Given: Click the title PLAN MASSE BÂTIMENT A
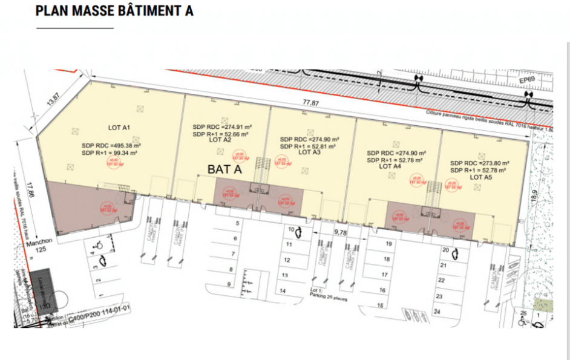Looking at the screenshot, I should tap(114, 11).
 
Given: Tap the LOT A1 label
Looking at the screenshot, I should tap(120, 128).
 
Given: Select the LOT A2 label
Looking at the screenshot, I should tap(220, 140).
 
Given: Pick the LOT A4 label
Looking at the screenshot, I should tap(389, 166).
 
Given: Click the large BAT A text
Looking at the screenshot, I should tap(224, 169).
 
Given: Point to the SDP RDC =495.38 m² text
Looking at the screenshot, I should tap(111, 146).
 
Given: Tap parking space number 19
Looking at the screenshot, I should tap(388, 244).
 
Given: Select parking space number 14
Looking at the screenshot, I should tap(283, 290).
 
